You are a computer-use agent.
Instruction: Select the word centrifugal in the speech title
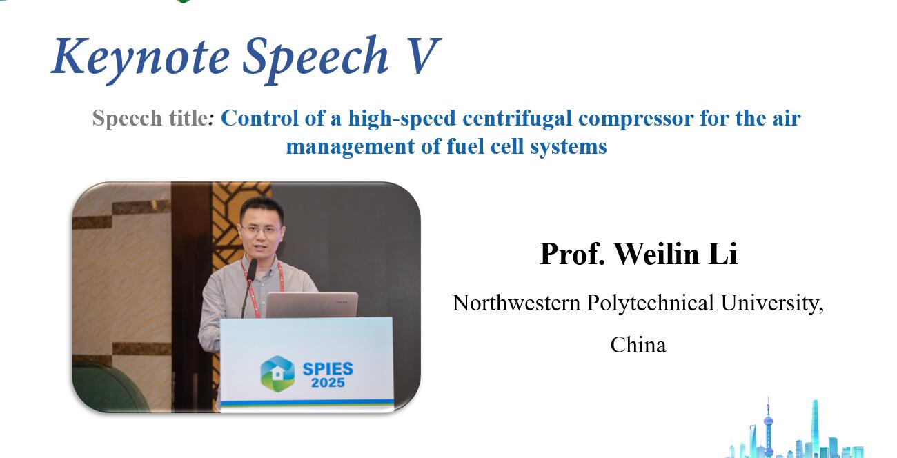pyautogui.click(x=517, y=119)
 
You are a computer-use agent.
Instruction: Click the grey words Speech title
pyautogui.click(x=150, y=119)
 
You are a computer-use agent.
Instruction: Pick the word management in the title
pyautogui.click(x=350, y=148)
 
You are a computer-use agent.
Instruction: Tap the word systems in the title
pyautogui.click(x=569, y=148)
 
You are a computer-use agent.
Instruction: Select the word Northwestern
pyautogui.click(x=516, y=303)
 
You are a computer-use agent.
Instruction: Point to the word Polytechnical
pyautogui.click(x=650, y=303)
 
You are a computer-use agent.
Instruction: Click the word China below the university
pyautogui.click(x=638, y=345)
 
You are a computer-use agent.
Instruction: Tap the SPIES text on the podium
pyautogui.click(x=328, y=369)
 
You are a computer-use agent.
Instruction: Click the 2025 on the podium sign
pyautogui.click(x=328, y=383)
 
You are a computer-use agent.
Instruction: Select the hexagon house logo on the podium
pyautogui.click(x=277, y=373)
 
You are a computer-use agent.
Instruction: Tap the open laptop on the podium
pyautogui.click(x=312, y=305)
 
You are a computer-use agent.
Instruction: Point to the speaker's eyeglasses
pyautogui.click(x=260, y=230)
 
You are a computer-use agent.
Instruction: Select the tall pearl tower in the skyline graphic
pyautogui.click(x=768, y=427)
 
